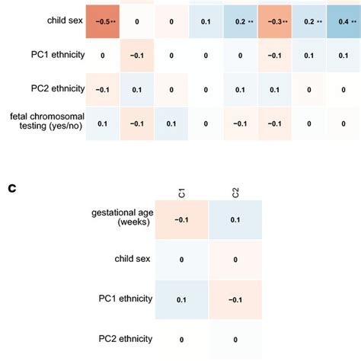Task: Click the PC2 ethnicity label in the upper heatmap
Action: point(46,88)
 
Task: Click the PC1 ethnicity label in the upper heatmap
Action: point(46,55)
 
